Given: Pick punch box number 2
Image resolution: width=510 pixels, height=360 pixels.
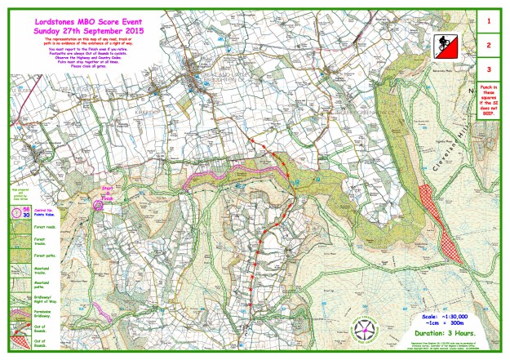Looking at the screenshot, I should coord(487,45).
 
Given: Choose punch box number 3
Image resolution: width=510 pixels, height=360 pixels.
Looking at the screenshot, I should coord(487,70).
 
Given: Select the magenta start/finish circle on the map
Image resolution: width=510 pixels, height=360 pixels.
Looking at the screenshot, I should coord(99,205).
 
